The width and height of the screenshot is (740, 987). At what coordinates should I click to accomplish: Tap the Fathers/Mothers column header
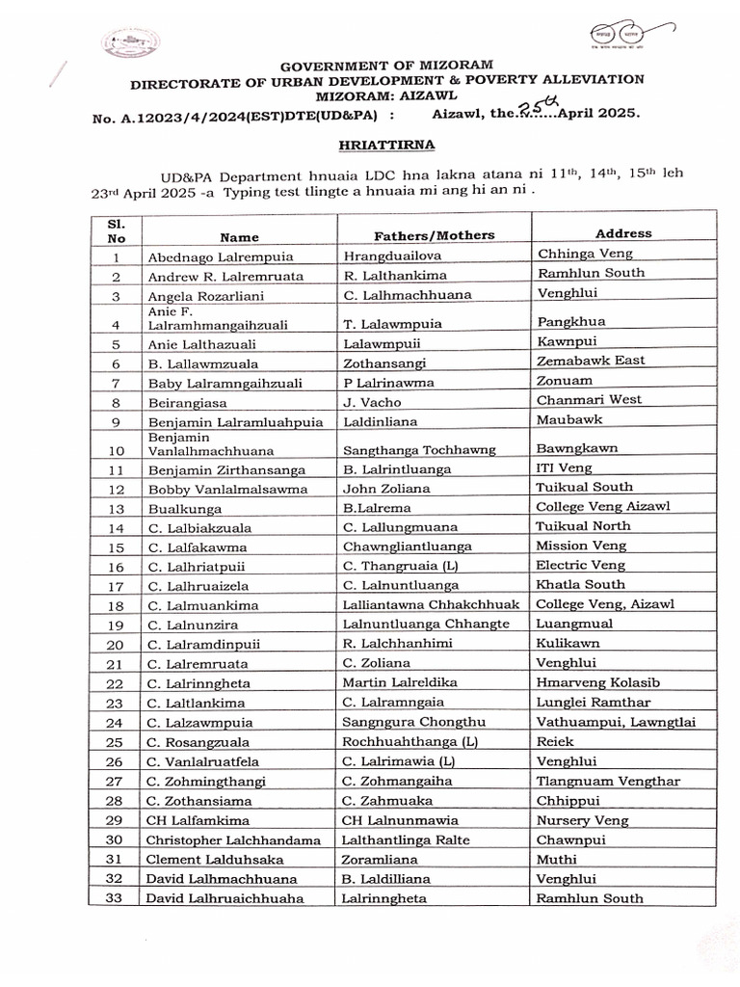point(434,235)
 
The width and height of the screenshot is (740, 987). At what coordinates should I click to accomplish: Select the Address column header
point(623,233)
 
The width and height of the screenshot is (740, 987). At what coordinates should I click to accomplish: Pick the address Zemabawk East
point(591,360)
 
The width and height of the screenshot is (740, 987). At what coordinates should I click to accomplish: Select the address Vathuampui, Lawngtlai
point(616,722)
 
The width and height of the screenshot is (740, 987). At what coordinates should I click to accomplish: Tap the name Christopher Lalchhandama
point(233,840)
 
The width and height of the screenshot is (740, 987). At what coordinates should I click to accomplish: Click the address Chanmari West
point(589,399)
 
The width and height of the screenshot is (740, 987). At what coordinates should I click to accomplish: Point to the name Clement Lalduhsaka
point(215,859)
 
